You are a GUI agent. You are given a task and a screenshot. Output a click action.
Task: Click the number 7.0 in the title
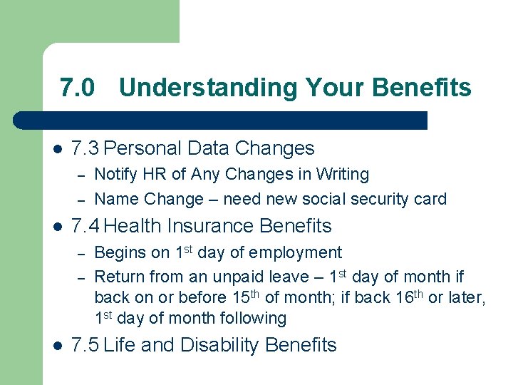77,88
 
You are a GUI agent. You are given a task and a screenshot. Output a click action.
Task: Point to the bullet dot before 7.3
58,149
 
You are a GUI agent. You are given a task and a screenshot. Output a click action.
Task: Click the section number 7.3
86,148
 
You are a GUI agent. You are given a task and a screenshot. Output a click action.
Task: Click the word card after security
429,199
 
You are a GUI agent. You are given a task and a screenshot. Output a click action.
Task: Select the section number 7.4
86,226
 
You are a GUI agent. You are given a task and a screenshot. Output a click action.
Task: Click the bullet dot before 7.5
58,346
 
